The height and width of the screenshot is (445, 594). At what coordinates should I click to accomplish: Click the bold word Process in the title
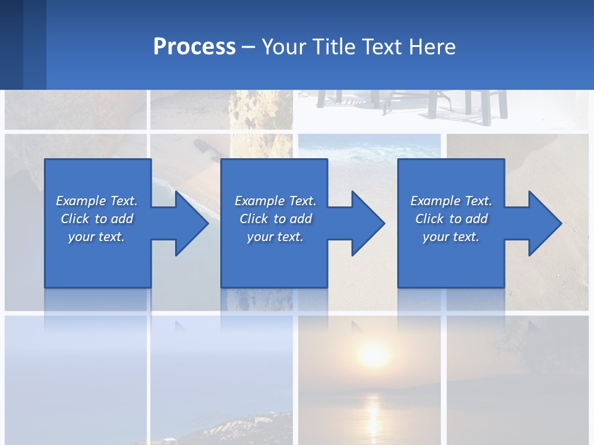click(194, 47)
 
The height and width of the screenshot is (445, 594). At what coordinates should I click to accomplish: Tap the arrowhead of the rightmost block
click(544, 223)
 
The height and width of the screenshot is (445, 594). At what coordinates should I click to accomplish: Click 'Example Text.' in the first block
click(97, 201)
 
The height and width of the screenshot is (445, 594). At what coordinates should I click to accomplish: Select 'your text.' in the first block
click(97, 237)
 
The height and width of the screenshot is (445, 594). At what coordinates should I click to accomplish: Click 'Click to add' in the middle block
click(275, 219)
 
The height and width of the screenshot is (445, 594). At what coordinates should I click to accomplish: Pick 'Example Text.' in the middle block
click(275, 201)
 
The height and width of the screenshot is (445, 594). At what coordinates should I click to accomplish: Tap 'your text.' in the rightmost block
click(451, 237)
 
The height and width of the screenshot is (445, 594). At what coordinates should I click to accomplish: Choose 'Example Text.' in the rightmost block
click(451, 201)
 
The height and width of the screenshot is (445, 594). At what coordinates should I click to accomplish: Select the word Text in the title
click(379, 47)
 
